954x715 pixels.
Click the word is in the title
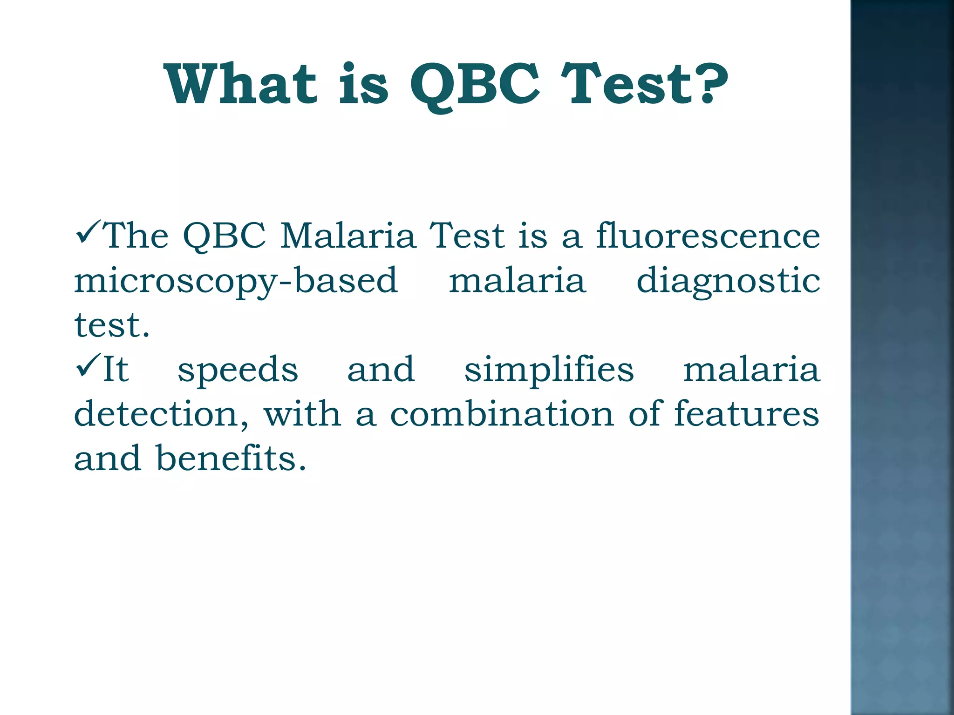coord(363,84)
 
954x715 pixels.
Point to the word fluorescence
coord(708,236)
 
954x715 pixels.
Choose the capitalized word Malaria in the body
coord(348,236)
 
